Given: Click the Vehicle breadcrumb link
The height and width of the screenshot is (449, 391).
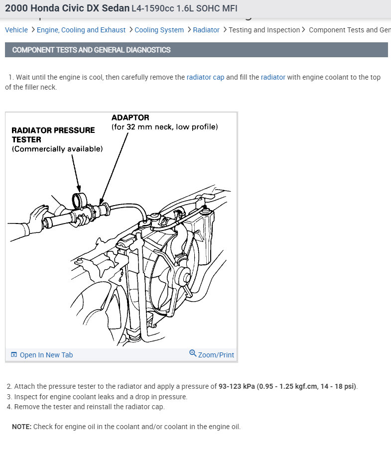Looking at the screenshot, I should pos(16,30).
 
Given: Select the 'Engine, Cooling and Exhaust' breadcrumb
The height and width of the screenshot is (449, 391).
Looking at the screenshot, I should pos(81,30).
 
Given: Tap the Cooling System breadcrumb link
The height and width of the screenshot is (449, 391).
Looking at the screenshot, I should pos(159,30).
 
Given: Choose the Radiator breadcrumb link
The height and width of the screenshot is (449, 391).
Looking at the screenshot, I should pos(206,30).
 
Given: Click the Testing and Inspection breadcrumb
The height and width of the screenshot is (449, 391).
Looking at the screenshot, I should pos(264,30).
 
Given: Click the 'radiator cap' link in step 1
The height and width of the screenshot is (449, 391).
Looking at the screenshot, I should pos(205,77).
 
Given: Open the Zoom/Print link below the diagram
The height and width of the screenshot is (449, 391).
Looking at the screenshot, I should pos(216,355).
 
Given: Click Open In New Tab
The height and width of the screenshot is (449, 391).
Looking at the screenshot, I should pos(46,355).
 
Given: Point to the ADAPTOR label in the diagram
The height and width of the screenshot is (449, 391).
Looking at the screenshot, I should pos(130,117).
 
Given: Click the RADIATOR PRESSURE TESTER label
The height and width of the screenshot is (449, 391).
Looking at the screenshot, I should pos(53,134).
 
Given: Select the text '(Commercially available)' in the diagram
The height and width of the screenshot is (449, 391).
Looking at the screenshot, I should pos(57,149).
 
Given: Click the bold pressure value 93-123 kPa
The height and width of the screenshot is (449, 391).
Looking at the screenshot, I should pos(237,386).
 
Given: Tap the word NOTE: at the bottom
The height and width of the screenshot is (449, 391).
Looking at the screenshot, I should pos(22,427).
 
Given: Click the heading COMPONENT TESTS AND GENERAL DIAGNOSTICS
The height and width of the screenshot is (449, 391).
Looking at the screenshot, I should pos(91,50).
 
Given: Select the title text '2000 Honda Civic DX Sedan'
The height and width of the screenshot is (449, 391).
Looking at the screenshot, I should pos(67,8).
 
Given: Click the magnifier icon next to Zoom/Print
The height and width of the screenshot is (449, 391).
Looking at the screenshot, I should pos(193,354).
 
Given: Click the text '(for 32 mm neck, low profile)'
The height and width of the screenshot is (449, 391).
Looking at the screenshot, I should pos(164,127).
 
